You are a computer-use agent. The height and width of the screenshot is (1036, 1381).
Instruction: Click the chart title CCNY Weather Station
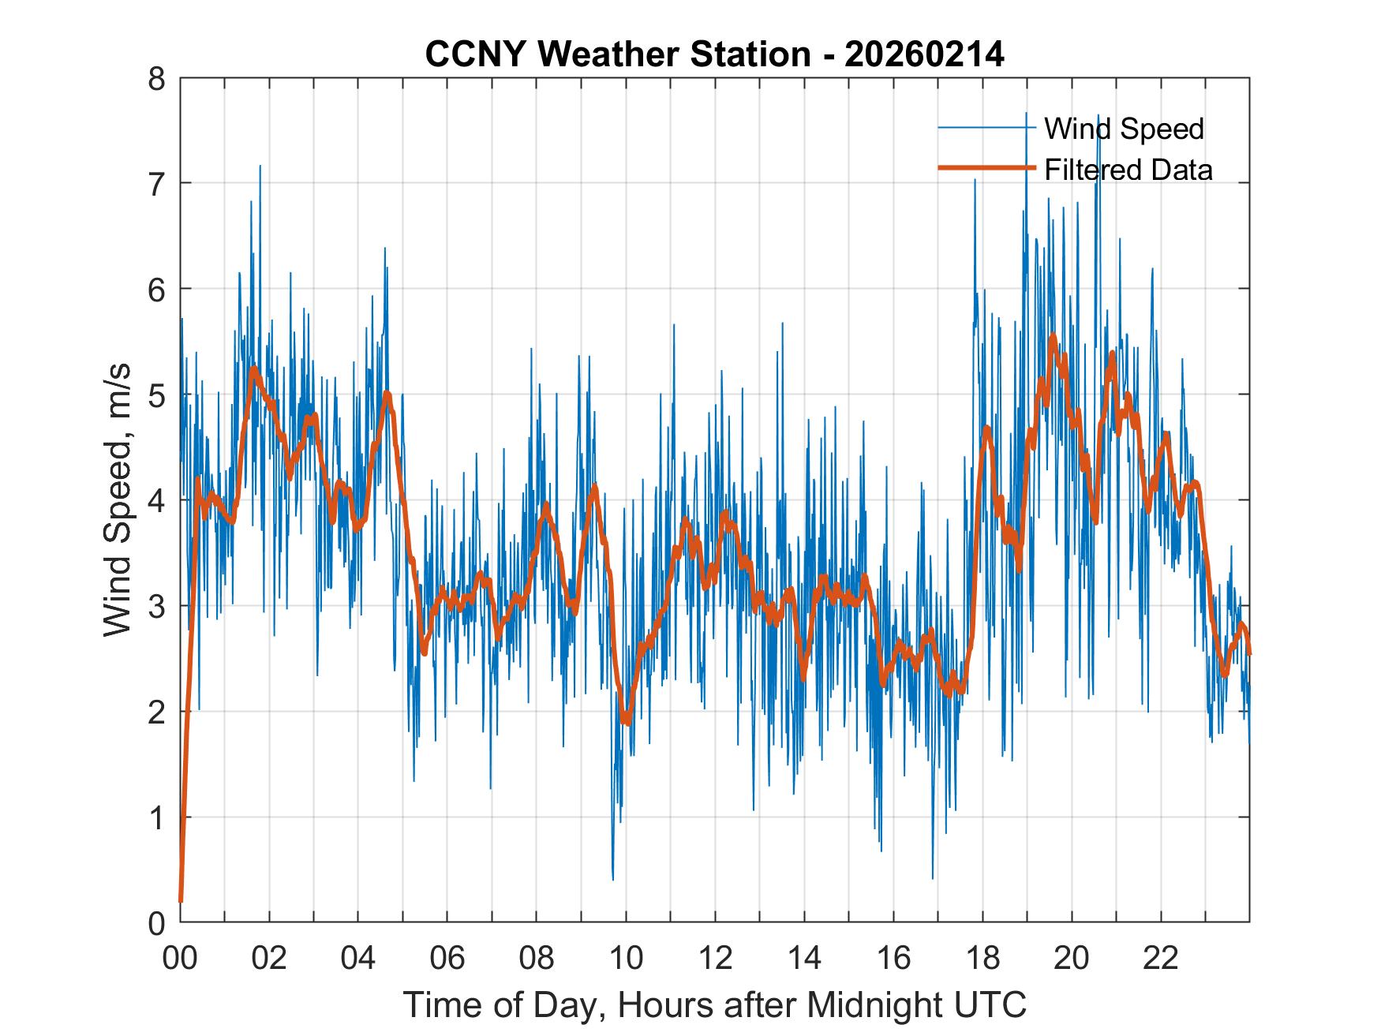(x=714, y=54)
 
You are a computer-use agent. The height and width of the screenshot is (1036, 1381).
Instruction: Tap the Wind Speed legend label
(x=1124, y=129)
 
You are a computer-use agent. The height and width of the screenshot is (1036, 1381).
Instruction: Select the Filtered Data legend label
(x=1128, y=170)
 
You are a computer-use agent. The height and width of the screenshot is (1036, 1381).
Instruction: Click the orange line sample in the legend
(x=986, y=169)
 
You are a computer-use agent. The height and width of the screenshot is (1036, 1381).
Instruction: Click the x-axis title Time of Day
(x=714, y=1005)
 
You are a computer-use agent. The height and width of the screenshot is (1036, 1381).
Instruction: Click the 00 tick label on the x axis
(x=180, y=959)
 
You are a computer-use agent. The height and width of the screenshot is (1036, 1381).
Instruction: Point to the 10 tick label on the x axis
(x=626, y=959)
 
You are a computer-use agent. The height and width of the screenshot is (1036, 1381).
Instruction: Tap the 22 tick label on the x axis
(x=1160, y=959)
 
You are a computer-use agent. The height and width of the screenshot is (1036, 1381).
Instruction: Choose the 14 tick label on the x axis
(x=804, y=959)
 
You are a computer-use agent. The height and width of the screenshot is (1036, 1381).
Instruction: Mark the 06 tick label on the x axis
(x=447, y=959)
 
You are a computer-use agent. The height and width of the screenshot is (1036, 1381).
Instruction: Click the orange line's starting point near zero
(x=181, y=899)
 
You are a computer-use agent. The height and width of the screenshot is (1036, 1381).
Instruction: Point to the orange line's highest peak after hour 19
(x=1053, y=337)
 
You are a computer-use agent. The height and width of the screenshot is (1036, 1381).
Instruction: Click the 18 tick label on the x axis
(x=982, y=959)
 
